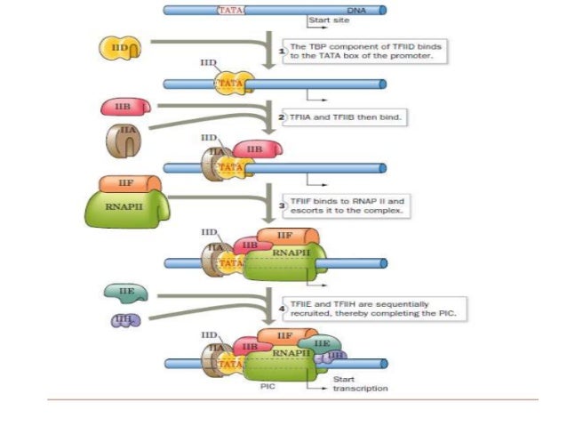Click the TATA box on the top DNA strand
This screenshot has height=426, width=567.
pos(231,11)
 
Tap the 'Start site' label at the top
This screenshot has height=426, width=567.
pos(325,20)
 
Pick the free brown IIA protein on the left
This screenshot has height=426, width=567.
pos(124,140)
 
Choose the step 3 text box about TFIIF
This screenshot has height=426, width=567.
pos(341,207)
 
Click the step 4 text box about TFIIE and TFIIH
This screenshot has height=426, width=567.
pos(369,307)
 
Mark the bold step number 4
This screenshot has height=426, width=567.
pos(282,307)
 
